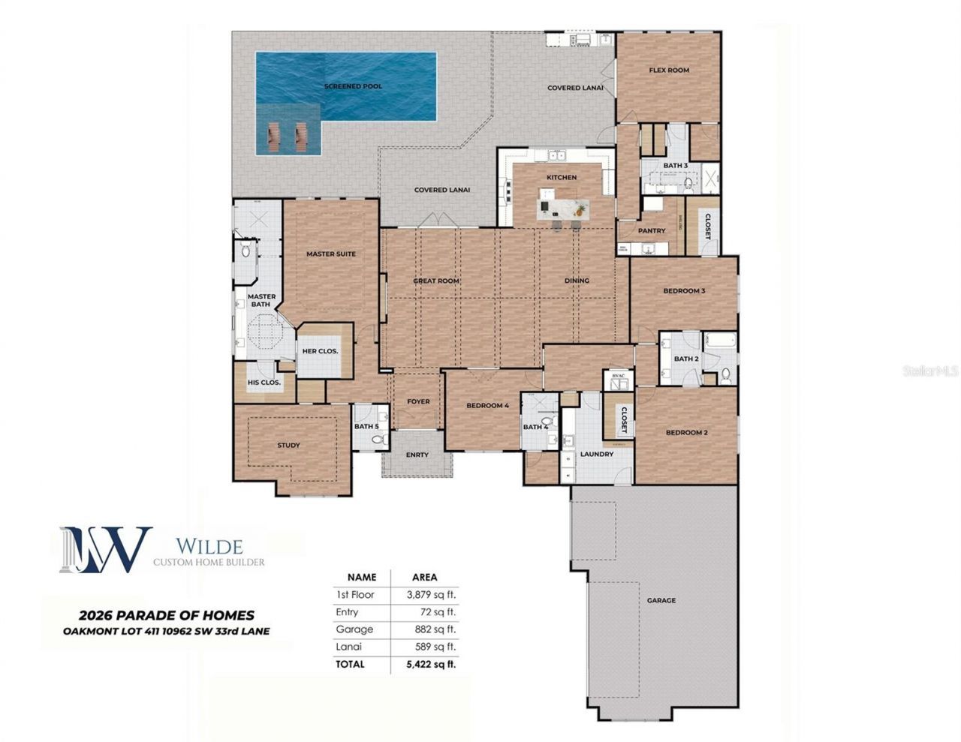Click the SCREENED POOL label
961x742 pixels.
point(353,86)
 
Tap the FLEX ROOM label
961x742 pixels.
point(669,71)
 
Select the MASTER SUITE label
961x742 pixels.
point(331,254)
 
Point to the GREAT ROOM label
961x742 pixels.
point(436,281)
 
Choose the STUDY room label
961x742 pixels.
point(288,446)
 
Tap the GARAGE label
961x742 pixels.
point(661,600)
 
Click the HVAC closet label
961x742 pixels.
point(619,376)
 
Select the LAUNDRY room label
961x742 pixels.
point(597,455)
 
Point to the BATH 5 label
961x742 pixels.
point(366,427)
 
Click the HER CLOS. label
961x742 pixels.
point(320,351)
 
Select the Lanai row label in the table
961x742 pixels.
point(348,647)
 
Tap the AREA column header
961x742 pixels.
point(425,578)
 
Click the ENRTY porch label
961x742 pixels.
point(417,455)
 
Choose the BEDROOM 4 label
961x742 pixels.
point(488,406)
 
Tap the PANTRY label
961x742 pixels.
point(652,231)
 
